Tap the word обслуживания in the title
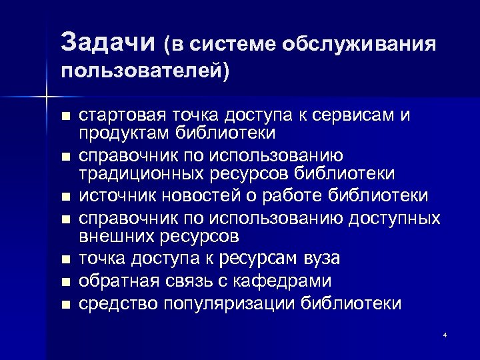(x=359, y=44)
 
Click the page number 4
(x=445, y=334)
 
